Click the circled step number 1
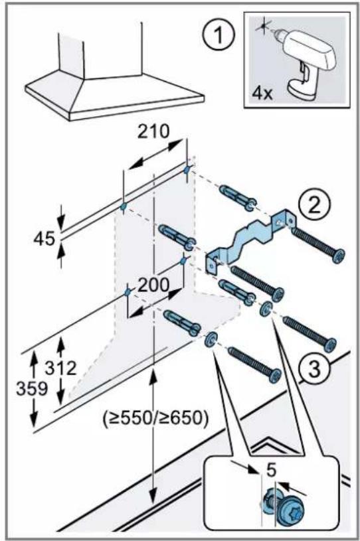[x=219, y=35]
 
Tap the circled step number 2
[x=314, y=206]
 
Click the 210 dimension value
[x=153, y=131]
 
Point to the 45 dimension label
[x=45, y=239]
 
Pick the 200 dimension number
[x=153, y=285]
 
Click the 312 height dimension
[x=60, y=368]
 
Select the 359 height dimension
[x=32, y=389]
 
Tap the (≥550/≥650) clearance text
[x=155, y=419]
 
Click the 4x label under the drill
[x=262, y=94]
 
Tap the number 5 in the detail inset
[x=272, y=470]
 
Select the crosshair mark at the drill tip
[x=263, y=27]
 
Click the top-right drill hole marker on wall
[x=187, y=170]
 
